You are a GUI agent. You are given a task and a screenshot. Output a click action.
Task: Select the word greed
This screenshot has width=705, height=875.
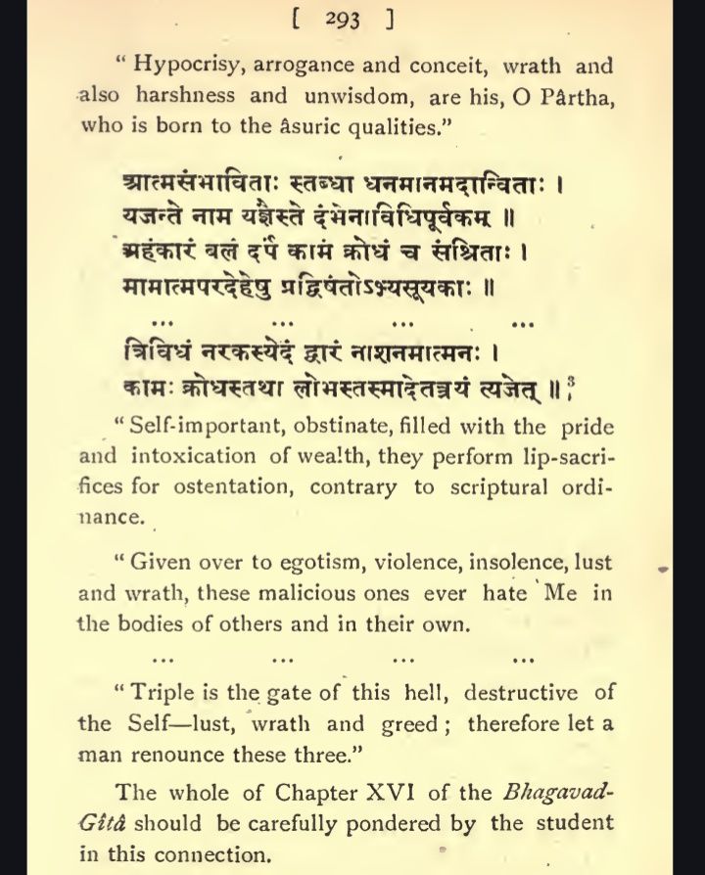point(417,724)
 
